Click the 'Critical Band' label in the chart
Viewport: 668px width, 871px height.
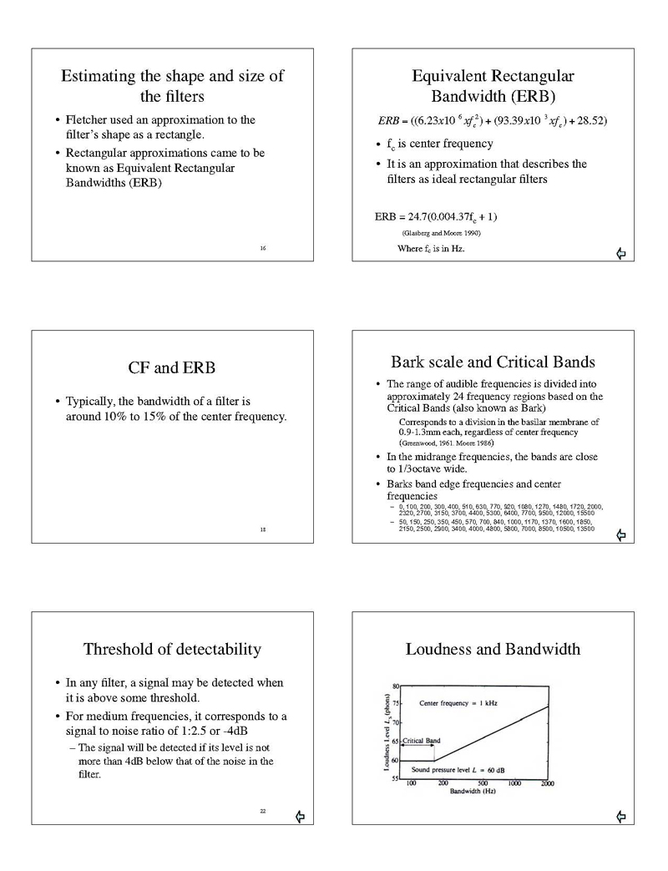pos(422,741)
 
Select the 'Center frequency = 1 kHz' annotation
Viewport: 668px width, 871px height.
pos(458,703)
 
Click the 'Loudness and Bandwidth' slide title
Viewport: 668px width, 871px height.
pos(493,649)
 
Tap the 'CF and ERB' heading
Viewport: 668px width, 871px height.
pos(172,368)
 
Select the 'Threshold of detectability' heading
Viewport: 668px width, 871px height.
pos(172,649)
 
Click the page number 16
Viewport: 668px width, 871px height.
pos(263,248)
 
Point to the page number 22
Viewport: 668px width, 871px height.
pos(263,811)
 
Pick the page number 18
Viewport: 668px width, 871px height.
pos(263,529)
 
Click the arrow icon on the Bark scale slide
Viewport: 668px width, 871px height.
pos(620,534)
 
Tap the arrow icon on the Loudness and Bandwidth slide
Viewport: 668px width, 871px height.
pos(620,816)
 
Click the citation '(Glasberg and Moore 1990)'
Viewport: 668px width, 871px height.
pos(441,233)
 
